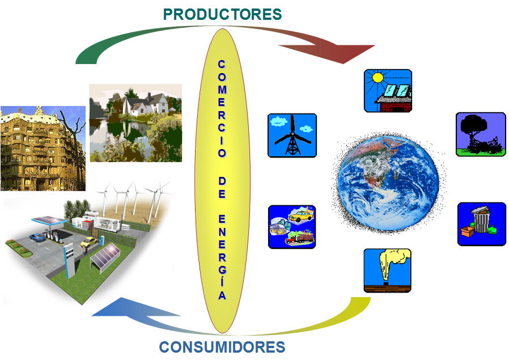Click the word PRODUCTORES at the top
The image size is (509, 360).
222,14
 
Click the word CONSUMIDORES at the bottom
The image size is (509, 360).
222,346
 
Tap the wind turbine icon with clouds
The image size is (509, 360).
292,135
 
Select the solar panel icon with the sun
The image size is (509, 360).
388,91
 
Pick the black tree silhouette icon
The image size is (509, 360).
481,134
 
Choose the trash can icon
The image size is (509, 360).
481,223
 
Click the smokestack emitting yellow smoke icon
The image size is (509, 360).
387,270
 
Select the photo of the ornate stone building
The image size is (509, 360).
42,148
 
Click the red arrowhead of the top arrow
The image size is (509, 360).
354,53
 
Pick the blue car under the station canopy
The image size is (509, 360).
37,238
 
